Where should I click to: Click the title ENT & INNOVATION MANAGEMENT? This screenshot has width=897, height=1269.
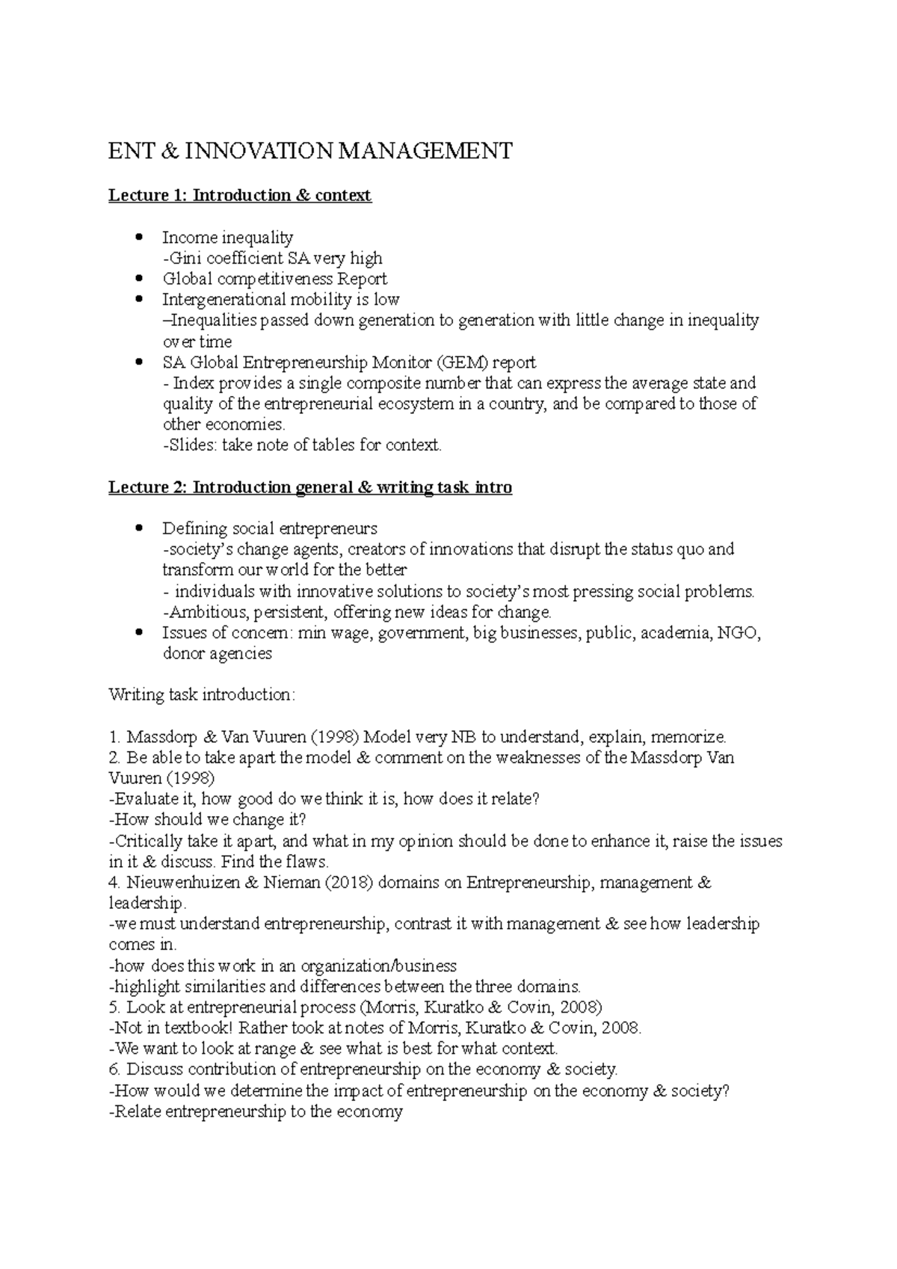(310, 152)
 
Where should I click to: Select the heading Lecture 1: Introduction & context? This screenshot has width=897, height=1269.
(239, 196)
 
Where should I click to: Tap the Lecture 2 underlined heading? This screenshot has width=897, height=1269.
(310, 488)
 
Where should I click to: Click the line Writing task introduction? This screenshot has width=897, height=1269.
(202, 695)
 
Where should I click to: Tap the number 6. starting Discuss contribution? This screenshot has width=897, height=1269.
(115, 1070)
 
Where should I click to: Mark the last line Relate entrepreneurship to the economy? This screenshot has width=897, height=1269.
(256, 1112)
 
